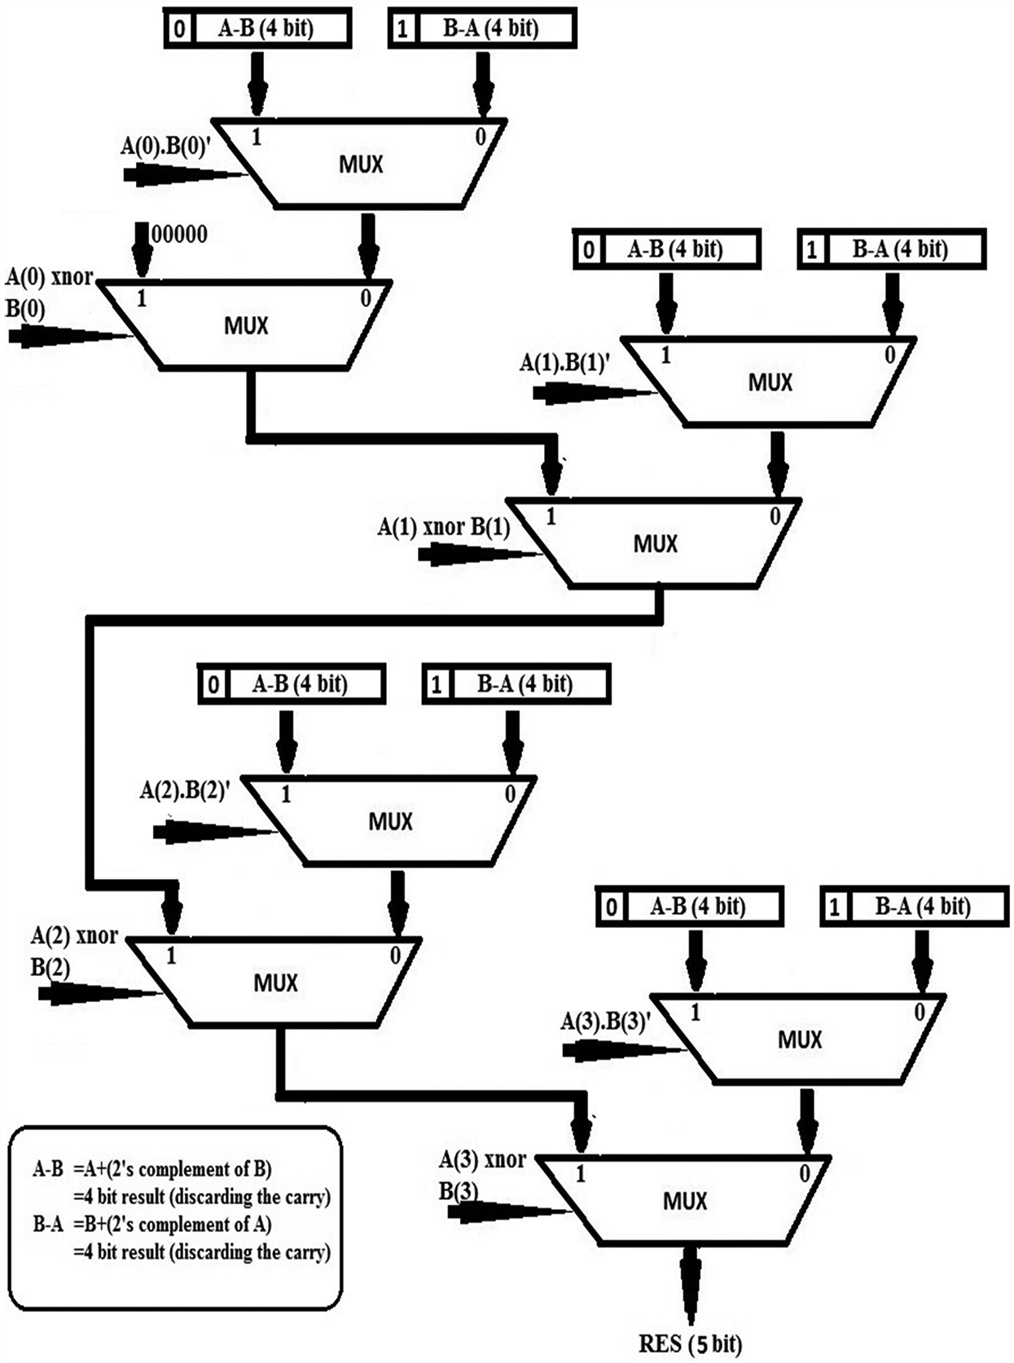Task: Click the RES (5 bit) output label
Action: coord(690,1343)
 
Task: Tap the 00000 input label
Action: coord(180,235)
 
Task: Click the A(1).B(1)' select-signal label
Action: coord(564,363)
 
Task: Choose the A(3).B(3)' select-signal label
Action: coord(605,1022)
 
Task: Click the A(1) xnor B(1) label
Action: coord(444,527)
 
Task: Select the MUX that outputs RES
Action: coord(685,1200)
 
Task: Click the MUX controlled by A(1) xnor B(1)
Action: coord(656,543)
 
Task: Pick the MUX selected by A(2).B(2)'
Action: coord(391,820)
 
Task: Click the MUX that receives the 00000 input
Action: coord(246,325)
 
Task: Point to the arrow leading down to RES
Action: coord(691,1287)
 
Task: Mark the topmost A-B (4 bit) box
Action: coord(257,29)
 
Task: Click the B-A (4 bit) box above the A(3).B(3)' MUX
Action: coord(914,907)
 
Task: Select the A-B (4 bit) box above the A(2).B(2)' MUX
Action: coord(292,684)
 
